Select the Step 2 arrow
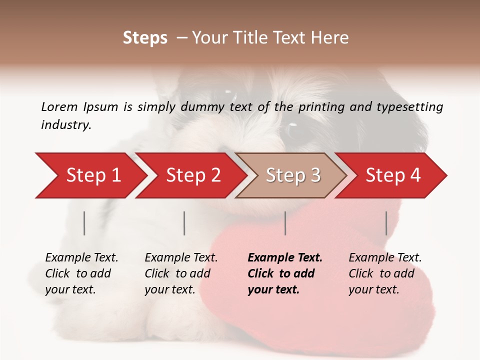point(193,175)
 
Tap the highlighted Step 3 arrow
point(293,175)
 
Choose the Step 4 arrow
point(393,175)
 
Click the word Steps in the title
point(145,37)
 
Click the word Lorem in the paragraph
point(59,106)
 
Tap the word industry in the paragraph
point(66,125)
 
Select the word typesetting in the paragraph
point(414,106)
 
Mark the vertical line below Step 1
point(84,223)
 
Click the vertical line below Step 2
point(184,223)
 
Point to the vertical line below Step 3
point(285,223)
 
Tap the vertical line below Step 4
point(386,223)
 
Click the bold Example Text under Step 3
point(285,258)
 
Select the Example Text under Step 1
point(81,258)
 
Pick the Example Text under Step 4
point(385,258)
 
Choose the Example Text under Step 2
point(181,258)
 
